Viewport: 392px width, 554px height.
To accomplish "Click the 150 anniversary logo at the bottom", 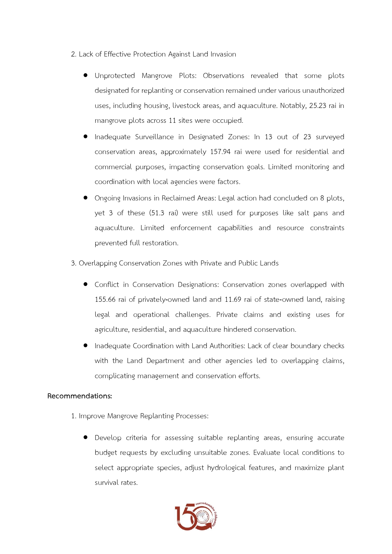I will click(196, 517).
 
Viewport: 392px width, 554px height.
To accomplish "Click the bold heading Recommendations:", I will click(80, 396).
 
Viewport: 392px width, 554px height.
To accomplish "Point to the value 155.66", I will click(105, 300).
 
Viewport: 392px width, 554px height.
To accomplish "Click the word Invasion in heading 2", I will click(223, 54).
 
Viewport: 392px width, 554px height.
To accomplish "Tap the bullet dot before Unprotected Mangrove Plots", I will click(85, 75).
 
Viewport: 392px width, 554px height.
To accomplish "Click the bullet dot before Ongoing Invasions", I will click(85, 198).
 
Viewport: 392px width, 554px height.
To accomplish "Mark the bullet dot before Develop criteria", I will click(85, 438).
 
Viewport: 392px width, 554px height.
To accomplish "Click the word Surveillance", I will click(154, 137).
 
